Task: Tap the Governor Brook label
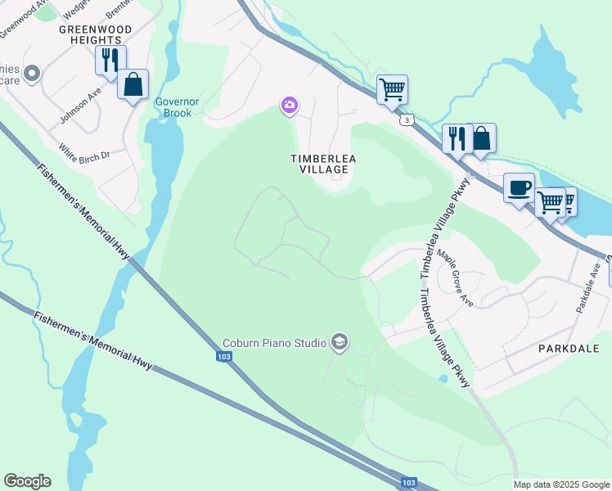point(173,107)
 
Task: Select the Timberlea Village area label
point(319,163)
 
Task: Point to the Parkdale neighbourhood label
point(569,349)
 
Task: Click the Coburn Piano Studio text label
point(275,343)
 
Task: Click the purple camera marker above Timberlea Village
point(289,105)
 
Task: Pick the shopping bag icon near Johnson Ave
point(133,84)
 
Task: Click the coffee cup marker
point(519,188)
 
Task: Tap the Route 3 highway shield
point(406,120)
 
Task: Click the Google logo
point(27,481)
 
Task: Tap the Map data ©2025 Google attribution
point(560,484)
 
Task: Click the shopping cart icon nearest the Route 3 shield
point(393,89)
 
